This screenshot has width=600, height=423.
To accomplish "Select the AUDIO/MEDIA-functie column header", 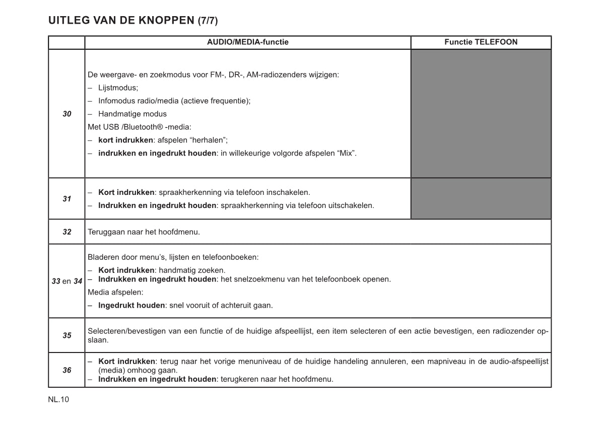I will click(247, 42).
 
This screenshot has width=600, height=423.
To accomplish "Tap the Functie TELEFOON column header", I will click(481, 42).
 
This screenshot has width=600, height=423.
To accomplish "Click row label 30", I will click(67, 114).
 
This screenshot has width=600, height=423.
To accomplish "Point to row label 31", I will click(67, 199).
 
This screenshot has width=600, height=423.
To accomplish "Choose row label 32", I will click(67, 232).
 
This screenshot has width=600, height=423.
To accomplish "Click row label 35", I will click(67, 335).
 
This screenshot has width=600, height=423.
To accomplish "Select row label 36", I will click(67, 370).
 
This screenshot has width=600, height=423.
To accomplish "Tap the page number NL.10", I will click(58, 400).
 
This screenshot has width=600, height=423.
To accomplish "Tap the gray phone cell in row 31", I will click(481, 199).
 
